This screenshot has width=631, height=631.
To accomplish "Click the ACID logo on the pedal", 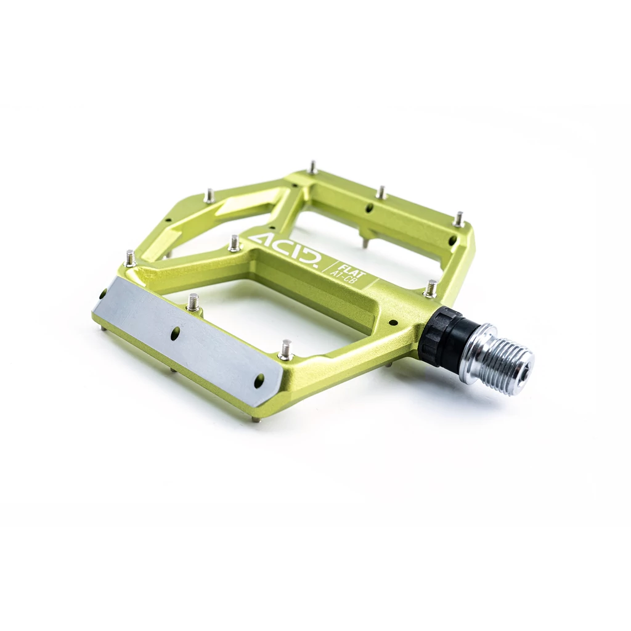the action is pos(285,251).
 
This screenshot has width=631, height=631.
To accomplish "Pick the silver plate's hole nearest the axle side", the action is pos(259,380).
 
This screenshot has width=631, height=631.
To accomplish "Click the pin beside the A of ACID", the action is pos(234,243).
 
